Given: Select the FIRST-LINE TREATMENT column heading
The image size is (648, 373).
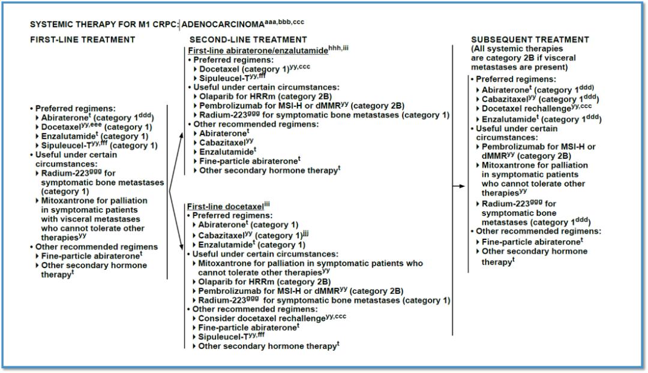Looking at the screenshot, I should (x=83, y=40).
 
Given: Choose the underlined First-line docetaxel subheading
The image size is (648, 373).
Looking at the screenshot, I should (x=225, y=206).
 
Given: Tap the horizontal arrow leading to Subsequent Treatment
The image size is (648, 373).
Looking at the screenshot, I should (x=459, y=186).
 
